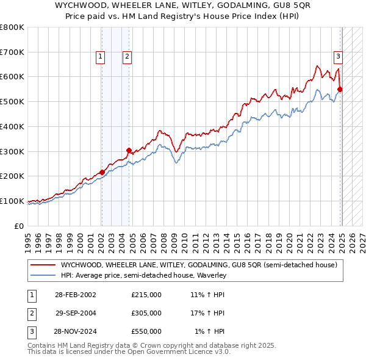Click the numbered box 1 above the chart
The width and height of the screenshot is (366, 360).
(x=100, y=57)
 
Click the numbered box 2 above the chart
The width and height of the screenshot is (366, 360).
(x=127, y=57)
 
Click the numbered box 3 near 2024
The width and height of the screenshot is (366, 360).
(x=337, y=57)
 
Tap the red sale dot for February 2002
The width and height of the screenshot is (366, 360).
(x=101, y=172)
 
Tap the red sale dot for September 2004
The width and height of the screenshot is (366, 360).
(x=129, y=149)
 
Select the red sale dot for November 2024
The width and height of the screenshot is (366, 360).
(x=340, y=89)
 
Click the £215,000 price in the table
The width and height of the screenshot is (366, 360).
(x=146, y=295)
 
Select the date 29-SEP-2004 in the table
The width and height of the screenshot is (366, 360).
(x=76, y=313)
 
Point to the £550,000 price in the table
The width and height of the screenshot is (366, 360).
(x=146, y=331)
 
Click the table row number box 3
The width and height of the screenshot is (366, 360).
(x=31, y=331)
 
